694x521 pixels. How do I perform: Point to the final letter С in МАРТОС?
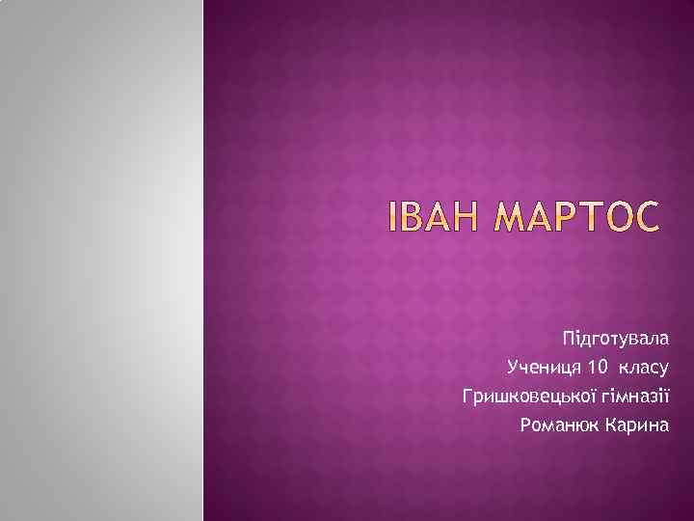pyautogui.click(x=648, y=219)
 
